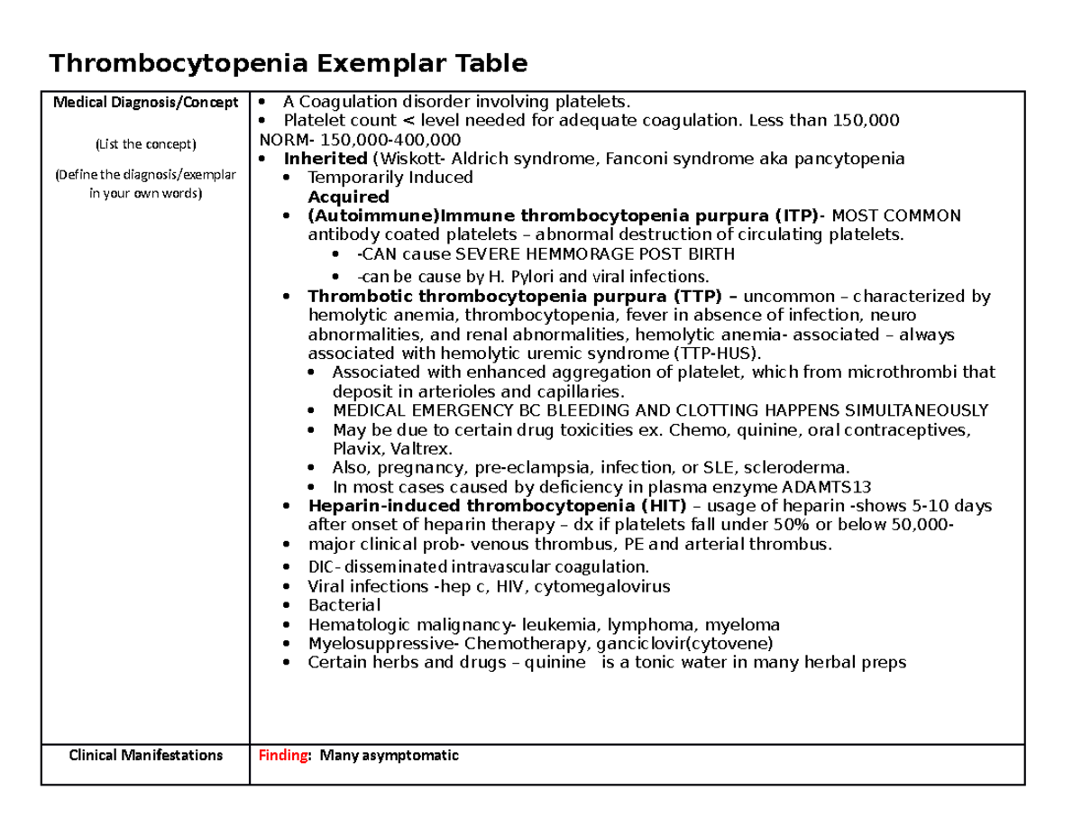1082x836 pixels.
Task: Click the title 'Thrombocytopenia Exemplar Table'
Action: [x=288, y=64]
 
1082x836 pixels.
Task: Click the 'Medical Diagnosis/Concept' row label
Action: [x=145, y=101]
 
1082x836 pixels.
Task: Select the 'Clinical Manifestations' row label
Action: [x=145, y=756]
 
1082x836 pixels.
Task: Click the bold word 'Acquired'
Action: [x=349, y=197]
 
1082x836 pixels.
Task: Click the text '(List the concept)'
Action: [x=145, y=143]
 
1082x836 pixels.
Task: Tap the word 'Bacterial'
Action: [x=344, y=605]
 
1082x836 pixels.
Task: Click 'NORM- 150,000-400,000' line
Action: [x=359, y=140]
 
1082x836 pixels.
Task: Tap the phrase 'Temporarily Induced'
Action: [x=390, y=178]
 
